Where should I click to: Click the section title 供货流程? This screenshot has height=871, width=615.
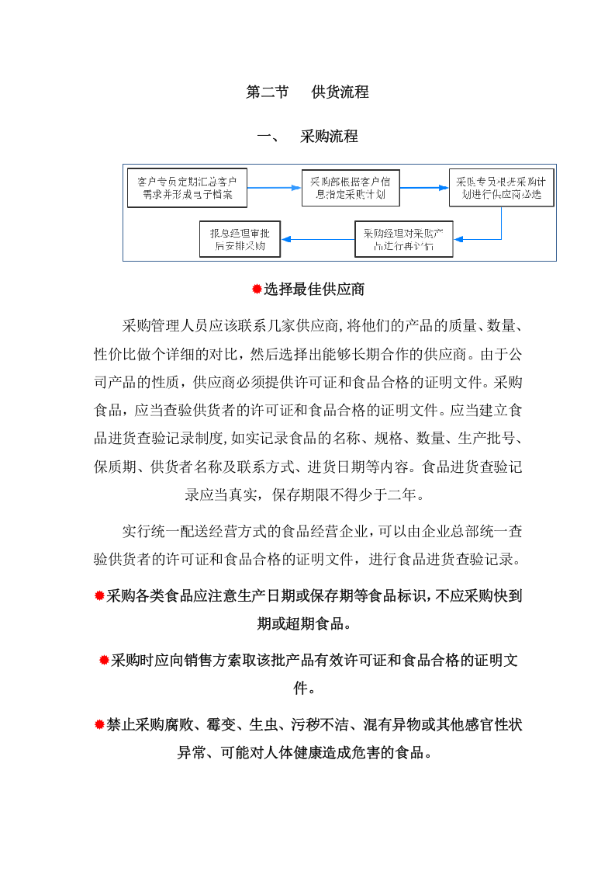pyautogui.click(x=340, y=92)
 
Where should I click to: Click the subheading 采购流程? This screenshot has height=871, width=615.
pyautogui.click(x=329, y=137)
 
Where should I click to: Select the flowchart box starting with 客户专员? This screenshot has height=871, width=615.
pyautogui.click(x=187, y=188)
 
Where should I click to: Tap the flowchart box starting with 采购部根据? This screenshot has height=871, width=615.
pyautogui.click(x=351, y=188)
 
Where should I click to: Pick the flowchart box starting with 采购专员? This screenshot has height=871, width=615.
pyautogui.click(x=501, y=188)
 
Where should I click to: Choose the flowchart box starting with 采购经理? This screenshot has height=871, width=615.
pyautogui.click(x=403, y=239)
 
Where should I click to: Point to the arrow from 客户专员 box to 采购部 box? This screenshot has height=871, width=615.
pyautogui.click(x=275, y=188)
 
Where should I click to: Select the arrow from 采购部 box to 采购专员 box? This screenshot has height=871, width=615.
pyautogui.click(x=424, y=188)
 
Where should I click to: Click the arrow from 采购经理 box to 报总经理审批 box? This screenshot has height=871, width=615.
pyautogui.click(x=318, y=239)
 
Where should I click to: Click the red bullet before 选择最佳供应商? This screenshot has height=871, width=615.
pyautogui.click(x=257, y=290)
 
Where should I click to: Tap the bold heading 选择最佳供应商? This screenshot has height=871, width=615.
pyautogui.click(x=314, y=290)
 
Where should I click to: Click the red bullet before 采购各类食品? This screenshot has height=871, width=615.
pyautogui.click(x=99, y=596)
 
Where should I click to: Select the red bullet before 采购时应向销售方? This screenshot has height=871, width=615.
pyautogui.click(x=104, y=661)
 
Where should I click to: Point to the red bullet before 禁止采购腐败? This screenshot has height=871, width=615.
pyautogui.click(x=99, y=725)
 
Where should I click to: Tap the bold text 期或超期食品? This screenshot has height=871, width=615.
pyautogui.click(x=307, y=624)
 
